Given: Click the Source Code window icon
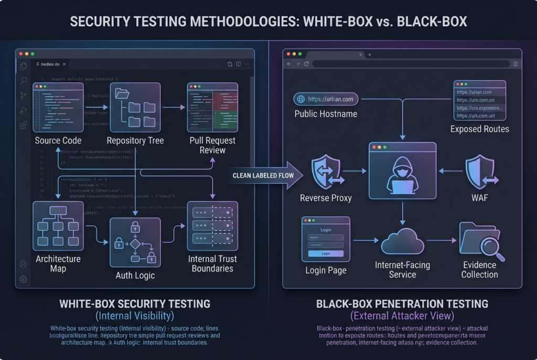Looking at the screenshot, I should [x=58, y=107].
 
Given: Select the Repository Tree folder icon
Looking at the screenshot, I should [x=135, y=107].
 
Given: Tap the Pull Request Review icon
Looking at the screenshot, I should [x=212, y=107].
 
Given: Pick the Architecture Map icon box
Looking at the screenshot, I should [x=58, y=225].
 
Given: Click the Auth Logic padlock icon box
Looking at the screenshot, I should [x=135, y=242].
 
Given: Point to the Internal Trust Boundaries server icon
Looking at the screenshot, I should [x=212, y=225].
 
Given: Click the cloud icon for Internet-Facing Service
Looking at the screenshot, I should [x=402, y=242].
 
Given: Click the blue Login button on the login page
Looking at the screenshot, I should [x=326, y=254].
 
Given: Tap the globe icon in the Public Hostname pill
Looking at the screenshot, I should [x=300, y=99].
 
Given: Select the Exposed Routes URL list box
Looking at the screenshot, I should [x=479, y=101].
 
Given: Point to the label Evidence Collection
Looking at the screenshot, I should [x=479, y=270].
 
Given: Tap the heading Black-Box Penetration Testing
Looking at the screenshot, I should [x=402, y=304].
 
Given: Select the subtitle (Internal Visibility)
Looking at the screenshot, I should [x=135, y=316].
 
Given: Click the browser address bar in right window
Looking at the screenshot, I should [x=411, y=64].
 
